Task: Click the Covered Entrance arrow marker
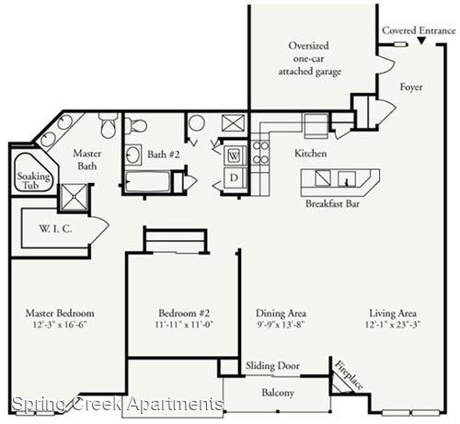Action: click(x=421, y=40)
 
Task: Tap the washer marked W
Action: click(x=235, y=155)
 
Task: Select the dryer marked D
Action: click(x=235, y=178)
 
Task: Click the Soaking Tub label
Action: click(x=33, y=180)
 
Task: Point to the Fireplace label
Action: click(x=349, y=375)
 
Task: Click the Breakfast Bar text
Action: click(x=332, y=203)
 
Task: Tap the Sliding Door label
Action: click(x=272, y=366)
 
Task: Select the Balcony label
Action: click(x=278, y=393)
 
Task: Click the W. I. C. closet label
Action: click(x=55, y=228)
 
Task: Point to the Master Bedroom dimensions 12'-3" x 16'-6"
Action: click(x=60, y=325)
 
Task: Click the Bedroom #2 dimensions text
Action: click(x=184, y=325)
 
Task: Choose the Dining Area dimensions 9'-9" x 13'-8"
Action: click(x=281, y=325)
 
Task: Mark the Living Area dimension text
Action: click(x=393, y=325)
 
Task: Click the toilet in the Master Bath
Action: click(x=109, y=125)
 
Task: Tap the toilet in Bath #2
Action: click(x=135, y=126)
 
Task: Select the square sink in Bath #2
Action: click(x=133, y=155)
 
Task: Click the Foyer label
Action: click(x=411, y=87)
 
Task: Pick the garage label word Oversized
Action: click(x=308, y=46)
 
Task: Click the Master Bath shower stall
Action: click(x=73, y=198)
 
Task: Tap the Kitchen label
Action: click(x=310, y=154)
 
